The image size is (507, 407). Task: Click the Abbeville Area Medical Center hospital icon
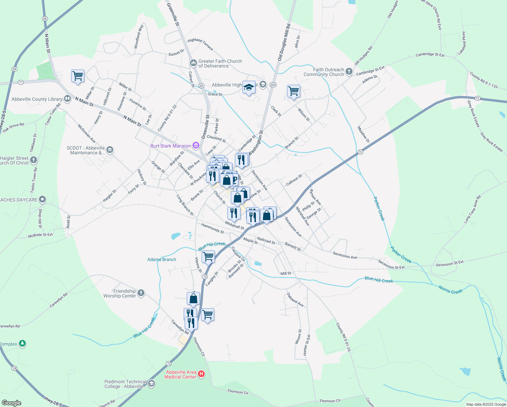click(201, 374)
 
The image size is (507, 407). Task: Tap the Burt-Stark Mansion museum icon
click(196, 146)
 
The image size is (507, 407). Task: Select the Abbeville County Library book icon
click(67, 99)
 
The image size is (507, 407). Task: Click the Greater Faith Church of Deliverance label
click(220, 63)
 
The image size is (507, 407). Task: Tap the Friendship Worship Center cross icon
click(141, 293)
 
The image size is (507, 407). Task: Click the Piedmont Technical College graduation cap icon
click(151, 384)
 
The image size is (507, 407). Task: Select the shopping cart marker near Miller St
click(78, 76)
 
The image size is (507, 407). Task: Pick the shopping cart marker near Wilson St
click(293, 91)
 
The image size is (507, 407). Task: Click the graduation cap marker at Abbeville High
click(249, 88)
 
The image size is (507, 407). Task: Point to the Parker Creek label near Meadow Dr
click(379, 208)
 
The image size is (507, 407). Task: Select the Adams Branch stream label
click(162, 259)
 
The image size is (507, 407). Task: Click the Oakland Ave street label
click(295, 300)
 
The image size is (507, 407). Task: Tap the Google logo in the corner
click(11, 403)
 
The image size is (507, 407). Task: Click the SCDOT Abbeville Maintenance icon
click(109, 150)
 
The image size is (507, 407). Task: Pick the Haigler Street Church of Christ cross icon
click(33, 160)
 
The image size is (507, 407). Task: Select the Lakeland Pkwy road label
click(462, 43)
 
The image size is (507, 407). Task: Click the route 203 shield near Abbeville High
click(273, 85)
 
